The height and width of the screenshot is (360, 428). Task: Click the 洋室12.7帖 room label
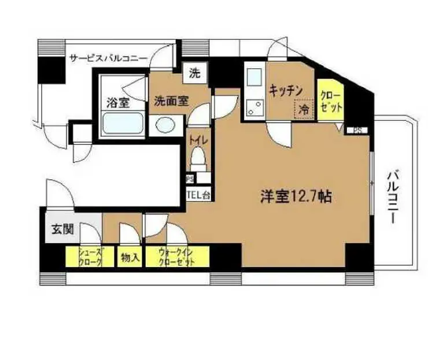click(x=294, y=196)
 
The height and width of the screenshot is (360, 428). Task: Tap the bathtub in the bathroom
click(x=121, y=124)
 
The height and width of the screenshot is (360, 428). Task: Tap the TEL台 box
click(x=198, y=195)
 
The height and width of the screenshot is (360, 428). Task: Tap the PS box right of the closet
click(x=358, y=130)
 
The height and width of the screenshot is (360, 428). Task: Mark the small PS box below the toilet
click(x=190, y=179)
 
